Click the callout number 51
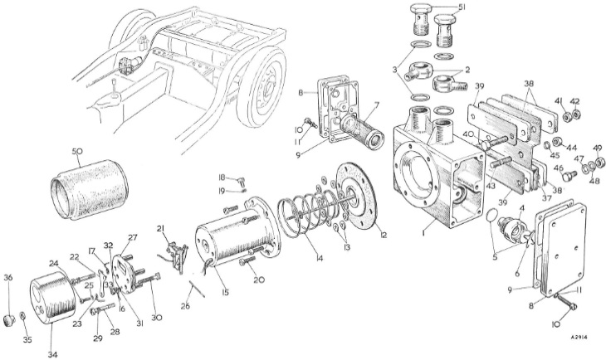(462, 10)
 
